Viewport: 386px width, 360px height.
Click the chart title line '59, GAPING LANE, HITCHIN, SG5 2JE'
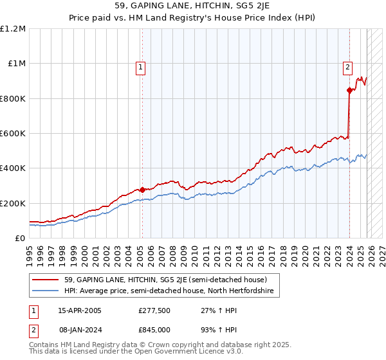click(x=193, y=7)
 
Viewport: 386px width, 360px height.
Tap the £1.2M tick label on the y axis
click(x=13, y=29)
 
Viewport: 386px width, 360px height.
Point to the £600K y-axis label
click(x=13, y=134)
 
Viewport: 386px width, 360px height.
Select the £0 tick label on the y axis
click(x=19, y=239)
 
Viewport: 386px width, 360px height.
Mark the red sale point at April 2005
click(x=142, y=190)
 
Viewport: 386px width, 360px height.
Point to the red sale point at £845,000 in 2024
click(x=349, y=91)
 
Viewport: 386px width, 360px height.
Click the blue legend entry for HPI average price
click(x=169, y=291)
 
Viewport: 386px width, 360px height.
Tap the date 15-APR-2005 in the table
click(x=80, y=310)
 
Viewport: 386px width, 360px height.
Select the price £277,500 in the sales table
click(x=154, y=310)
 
